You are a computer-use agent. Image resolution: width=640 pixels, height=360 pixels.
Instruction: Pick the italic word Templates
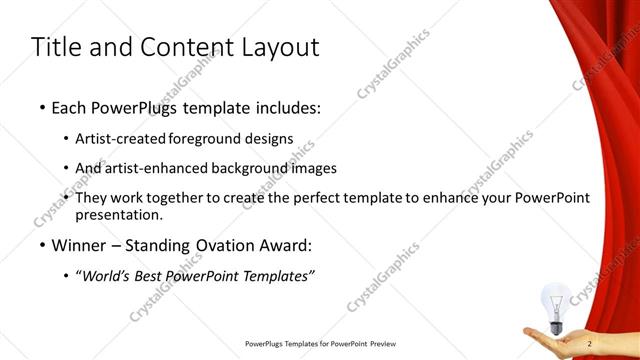point(280,277)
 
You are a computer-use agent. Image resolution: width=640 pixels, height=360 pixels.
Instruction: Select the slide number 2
point(590,344)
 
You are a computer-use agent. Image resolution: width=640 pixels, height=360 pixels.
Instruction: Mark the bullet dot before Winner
point(41,245)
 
